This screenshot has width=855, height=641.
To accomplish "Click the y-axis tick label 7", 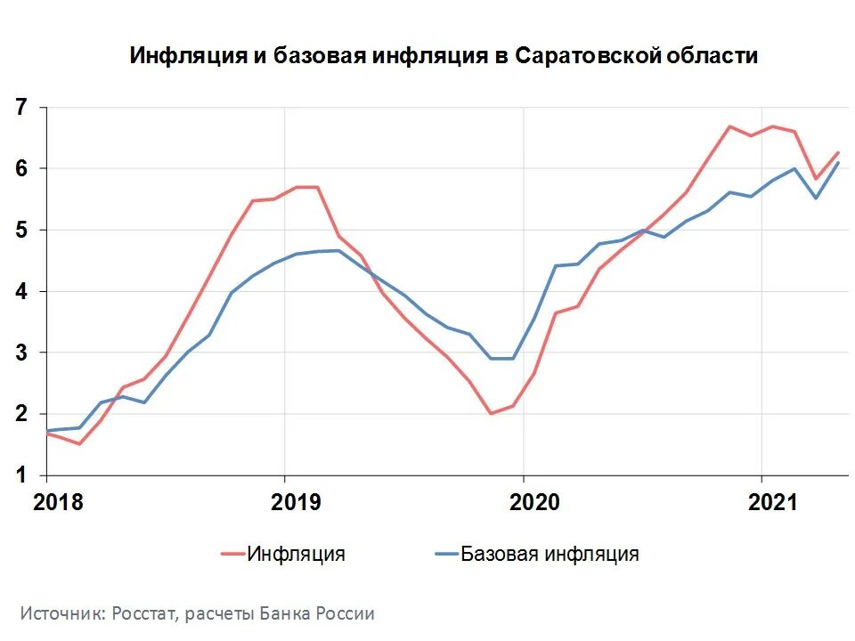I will click(x=20, y=108).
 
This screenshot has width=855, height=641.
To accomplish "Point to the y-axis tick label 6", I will click(x=20, y=169).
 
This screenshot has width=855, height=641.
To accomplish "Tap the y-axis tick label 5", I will click(x=20, y=231).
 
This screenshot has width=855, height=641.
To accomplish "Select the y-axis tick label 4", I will click(x=20, y=292).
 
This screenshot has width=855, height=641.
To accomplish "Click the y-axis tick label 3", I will click(x=20, y=353).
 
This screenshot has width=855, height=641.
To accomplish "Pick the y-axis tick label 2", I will click(x=20, y=415).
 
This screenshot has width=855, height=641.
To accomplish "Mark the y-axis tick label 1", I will click(x=20, y=476).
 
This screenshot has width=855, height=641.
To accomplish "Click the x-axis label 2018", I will click(x=58, y=502).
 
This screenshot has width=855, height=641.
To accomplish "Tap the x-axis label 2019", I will click(x=296, y=502).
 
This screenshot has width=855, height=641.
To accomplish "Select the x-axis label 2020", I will click(x=534, y=502).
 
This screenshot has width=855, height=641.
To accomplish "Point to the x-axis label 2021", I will click(x=772, y=502).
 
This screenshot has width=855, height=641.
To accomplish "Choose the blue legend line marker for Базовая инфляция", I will click(x=445, y=554).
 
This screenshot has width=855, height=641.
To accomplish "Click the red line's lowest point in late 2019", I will click(x=491, y=413).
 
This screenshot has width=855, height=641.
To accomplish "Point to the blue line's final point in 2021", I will click(x=838, y=162).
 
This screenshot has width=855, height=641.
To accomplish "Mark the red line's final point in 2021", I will click(x=838, y=152).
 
